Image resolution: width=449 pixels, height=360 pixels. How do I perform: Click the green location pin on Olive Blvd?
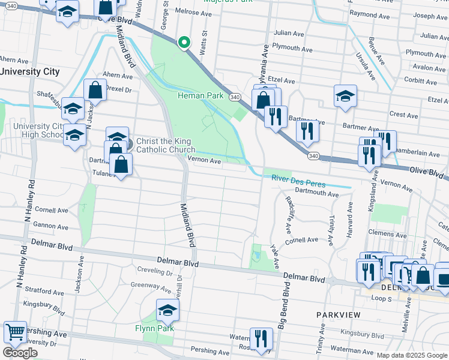pos(184,43)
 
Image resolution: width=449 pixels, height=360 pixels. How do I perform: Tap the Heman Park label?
pos(200,95)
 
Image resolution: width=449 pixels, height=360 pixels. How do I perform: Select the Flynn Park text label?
pos(154,328)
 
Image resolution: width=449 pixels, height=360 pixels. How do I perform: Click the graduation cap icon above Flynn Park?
pos(168,311)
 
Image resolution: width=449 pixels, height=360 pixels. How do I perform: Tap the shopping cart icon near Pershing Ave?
pos(14,331)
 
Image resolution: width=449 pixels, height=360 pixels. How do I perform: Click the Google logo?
pos(20,353)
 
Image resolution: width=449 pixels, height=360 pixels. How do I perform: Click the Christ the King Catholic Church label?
pos(165,146)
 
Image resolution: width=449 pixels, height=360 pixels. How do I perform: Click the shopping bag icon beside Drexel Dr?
pos(95,91)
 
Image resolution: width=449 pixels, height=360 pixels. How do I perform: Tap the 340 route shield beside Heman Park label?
pos(235,97)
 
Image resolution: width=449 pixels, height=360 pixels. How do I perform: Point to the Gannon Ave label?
pos(52,227)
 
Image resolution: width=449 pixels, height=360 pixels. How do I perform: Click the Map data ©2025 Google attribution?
pos(412,355)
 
